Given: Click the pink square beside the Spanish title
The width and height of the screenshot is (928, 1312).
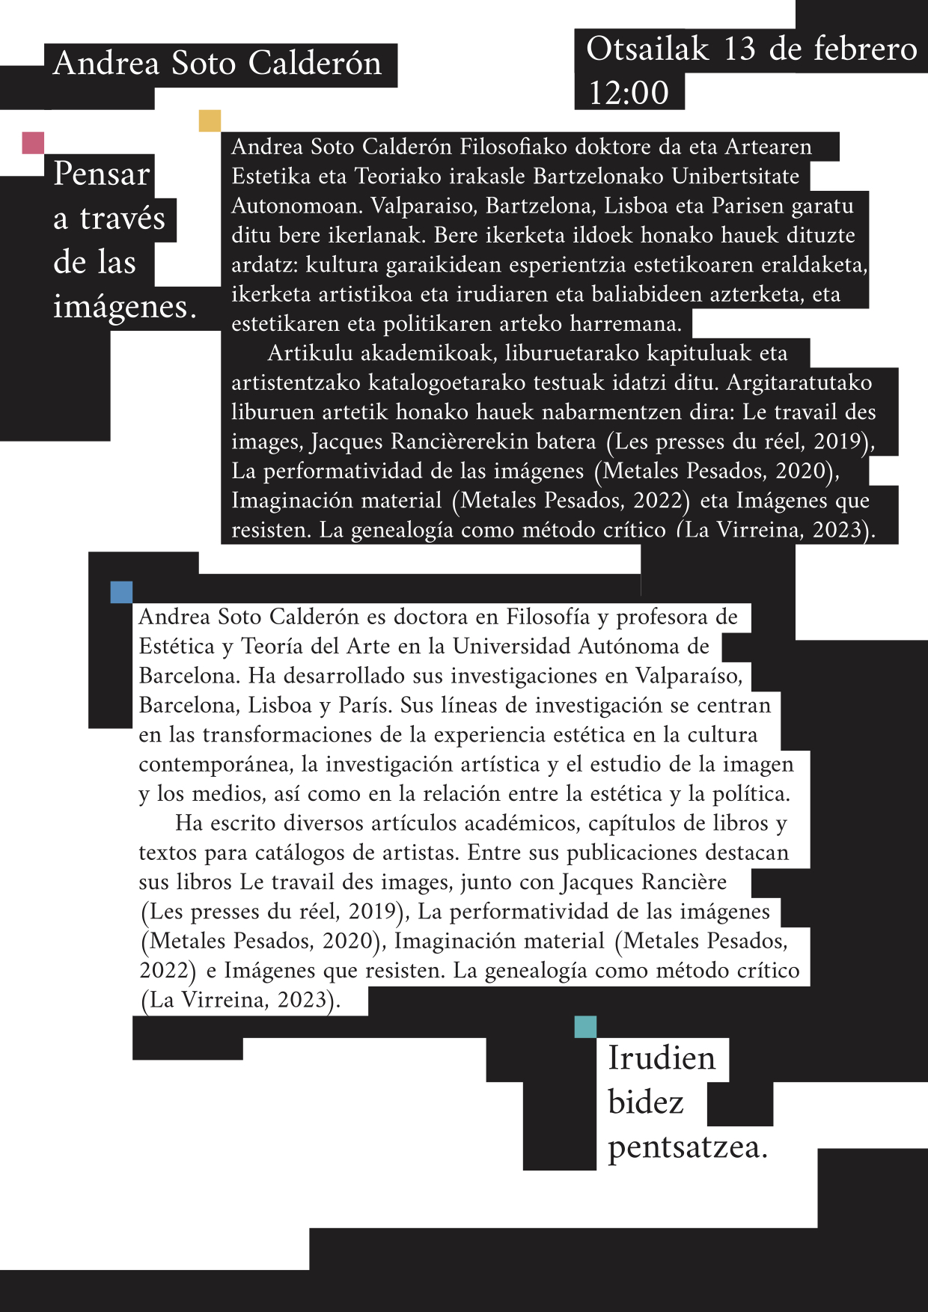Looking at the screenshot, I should point(33,142).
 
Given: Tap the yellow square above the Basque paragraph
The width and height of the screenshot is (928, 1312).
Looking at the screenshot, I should point(210,120).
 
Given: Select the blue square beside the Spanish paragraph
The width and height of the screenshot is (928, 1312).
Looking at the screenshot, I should point(121,592).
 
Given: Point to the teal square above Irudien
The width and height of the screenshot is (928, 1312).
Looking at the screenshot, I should point(585,1027).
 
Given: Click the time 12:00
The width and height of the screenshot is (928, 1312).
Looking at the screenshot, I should point(629,93).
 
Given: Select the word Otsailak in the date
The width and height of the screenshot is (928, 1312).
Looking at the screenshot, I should point(647,49).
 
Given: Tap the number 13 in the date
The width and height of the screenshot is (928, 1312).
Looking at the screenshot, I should point(739,49).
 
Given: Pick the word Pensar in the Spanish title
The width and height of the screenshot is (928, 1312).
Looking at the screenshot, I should point(102,174).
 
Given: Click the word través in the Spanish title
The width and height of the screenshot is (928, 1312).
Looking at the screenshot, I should point(123,219).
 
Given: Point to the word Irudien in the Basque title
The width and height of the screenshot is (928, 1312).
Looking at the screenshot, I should point(662,1058).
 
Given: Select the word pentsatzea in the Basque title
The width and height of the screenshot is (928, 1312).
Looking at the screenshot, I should point(687,1147).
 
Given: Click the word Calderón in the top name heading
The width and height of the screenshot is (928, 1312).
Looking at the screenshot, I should point(315,64).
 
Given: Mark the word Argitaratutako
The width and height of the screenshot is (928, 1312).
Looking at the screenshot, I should point(799,382).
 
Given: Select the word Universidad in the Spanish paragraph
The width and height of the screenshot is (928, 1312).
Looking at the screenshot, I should point(517,646).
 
